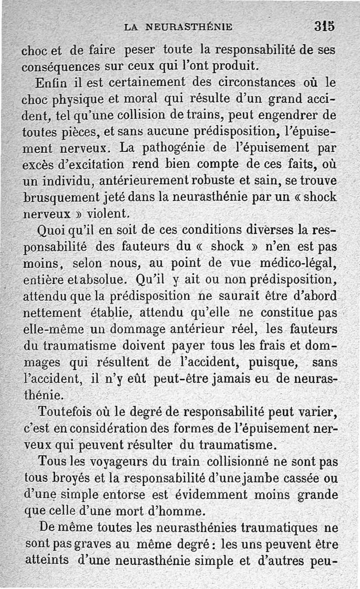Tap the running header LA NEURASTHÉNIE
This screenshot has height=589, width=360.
[178, 27]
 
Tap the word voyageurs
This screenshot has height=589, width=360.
[112, 462]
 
